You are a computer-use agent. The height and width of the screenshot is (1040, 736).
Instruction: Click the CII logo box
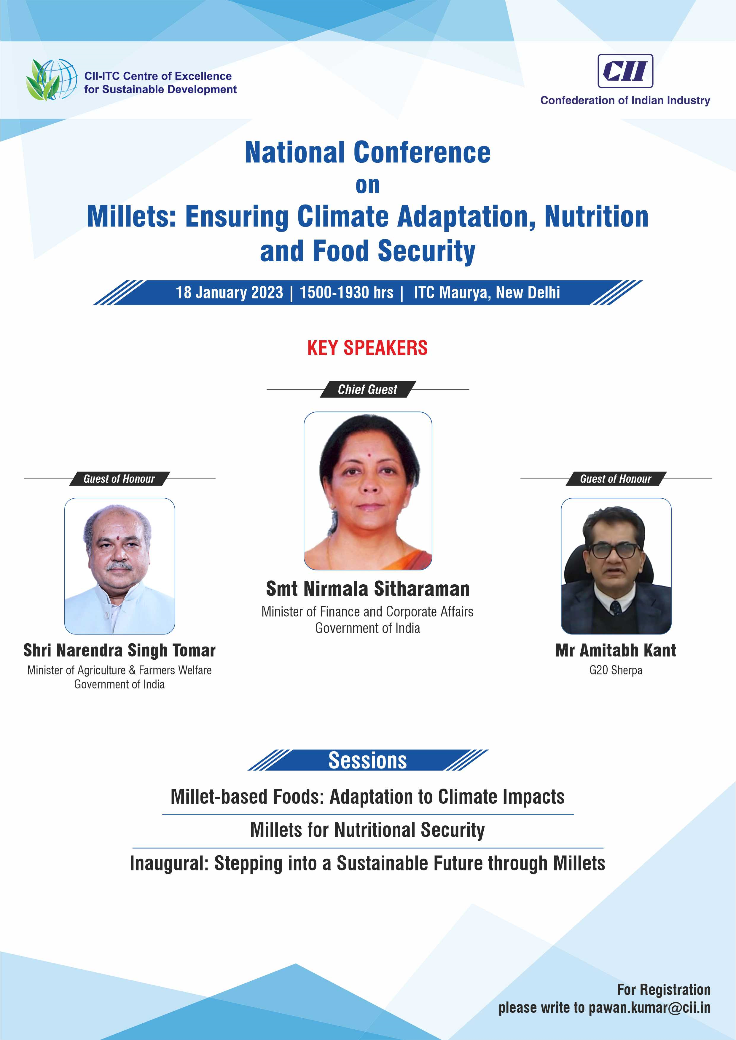click(x=625, y=71)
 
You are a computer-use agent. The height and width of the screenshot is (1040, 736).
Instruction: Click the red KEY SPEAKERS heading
click(x=367, y=348)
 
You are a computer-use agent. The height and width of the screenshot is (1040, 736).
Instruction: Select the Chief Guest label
click(x=367, y=390)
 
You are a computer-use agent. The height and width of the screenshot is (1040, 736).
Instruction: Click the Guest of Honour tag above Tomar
click(x=119, y=479)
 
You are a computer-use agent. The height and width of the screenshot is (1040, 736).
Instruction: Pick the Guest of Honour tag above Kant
click(x=616, y=479)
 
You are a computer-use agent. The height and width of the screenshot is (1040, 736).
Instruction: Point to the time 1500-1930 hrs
click(x=346, y=293)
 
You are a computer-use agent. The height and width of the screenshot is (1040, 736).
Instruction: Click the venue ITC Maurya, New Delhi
click(x=487, y=293)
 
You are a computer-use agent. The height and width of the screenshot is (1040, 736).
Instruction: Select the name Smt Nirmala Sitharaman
click(x=367, y=589)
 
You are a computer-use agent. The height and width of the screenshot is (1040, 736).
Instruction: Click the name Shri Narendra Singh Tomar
click(x=119, y=650)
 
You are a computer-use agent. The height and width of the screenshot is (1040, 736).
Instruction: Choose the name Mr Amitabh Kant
click(x=616, y=650)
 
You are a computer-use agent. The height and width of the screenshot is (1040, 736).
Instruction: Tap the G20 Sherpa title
click(x=616, y=670)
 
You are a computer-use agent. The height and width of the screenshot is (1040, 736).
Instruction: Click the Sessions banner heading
click(x=367, y=760)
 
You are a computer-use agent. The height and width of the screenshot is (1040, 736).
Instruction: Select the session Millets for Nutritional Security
click(x=367, y=830)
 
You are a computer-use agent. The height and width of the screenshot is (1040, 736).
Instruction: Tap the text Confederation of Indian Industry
click(x=625, y=101)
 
